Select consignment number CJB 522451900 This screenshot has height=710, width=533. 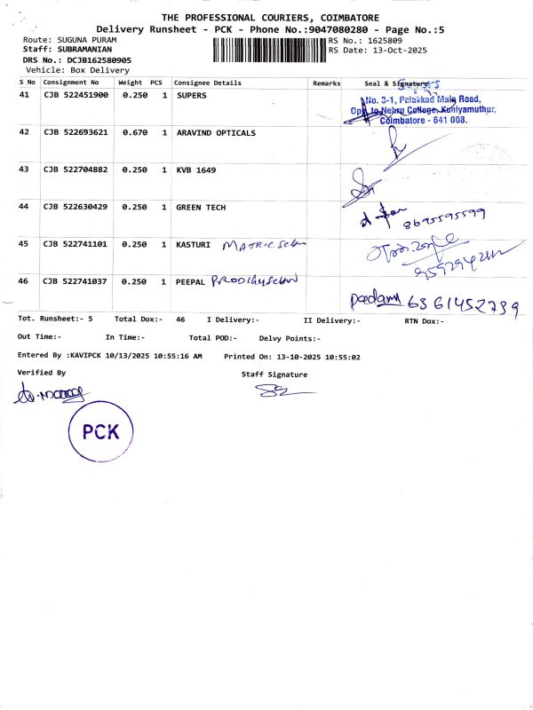click(x=76, y=95)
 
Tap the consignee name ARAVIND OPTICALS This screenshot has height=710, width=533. click(x=216, y=133)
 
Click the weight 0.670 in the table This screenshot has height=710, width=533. click(x=134, y=133)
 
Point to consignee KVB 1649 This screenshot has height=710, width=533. click(x=195, y=170)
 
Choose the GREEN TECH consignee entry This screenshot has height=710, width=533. click(x=201, y=208)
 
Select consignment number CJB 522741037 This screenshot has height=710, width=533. click(x=76, y=281)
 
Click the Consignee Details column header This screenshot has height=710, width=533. click(x=207, y=83)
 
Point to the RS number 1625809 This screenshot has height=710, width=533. click(x=383, y=41)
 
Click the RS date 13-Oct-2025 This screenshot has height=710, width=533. click(x=398, y=51)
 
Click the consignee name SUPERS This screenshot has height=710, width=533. click(x=192, y=95)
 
